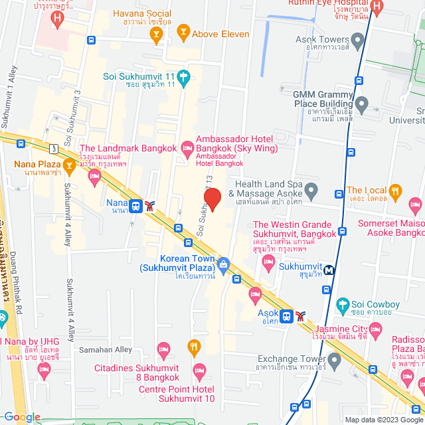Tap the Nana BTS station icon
click(135, 206)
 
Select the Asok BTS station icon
click(286, 315)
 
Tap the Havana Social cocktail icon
click(157, 38)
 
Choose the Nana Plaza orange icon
click(68, 164)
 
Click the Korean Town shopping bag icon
click(223, 264)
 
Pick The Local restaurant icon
click(395, 191)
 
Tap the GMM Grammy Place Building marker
click(361, 104)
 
